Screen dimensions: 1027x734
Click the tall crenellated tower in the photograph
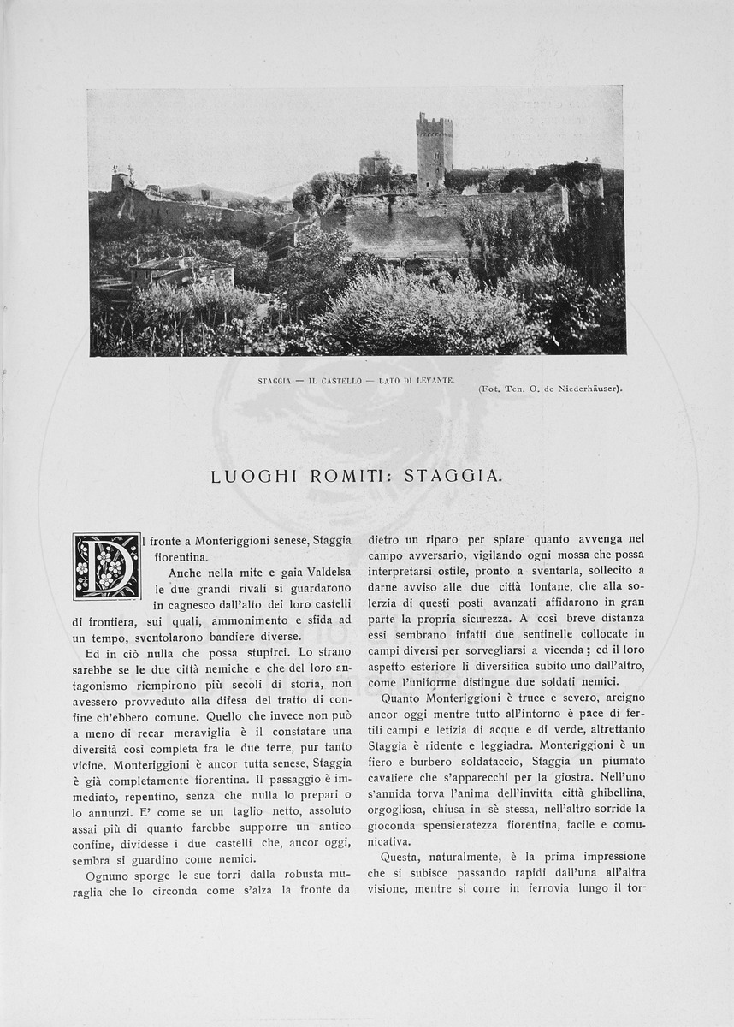(434, 151)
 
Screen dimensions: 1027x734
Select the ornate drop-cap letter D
(106, 566)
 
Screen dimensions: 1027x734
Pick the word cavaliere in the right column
(396, 777)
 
